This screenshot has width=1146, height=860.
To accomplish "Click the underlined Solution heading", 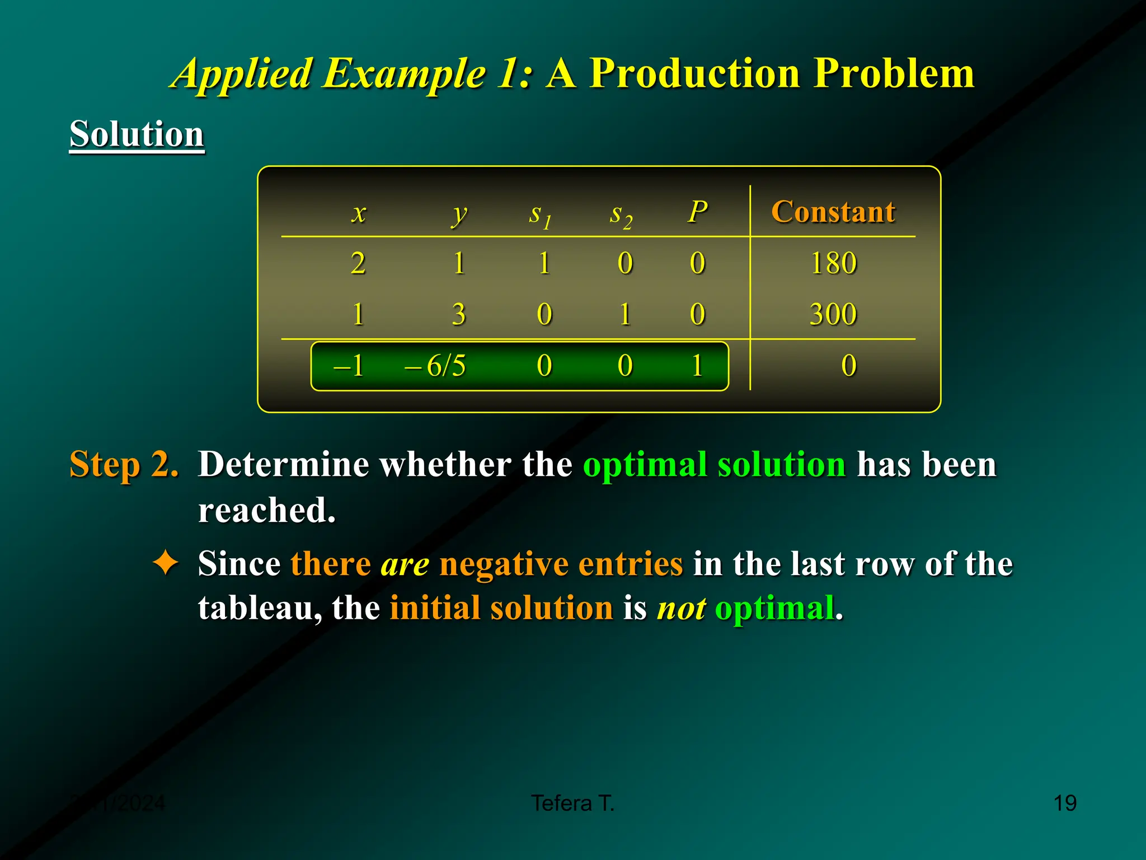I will point(137,134).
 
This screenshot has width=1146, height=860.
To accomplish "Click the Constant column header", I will point(833,212).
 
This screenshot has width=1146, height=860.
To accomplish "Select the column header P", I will point(697,212).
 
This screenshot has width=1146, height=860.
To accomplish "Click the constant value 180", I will point(833,263).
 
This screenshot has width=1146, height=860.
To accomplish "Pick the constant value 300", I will point(833,314).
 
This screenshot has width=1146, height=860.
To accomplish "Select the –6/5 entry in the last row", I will point(435,366).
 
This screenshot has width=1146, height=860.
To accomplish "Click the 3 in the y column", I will point(459,314).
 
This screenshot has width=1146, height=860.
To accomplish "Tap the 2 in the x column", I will point(358,263).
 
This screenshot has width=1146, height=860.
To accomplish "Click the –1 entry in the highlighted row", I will point(348,366).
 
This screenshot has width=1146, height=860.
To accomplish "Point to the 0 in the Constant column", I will point(848,366).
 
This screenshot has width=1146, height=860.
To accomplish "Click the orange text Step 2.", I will point(124,465).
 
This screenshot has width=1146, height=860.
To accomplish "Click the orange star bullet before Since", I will point(166,563).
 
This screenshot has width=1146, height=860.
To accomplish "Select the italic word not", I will point(681,609).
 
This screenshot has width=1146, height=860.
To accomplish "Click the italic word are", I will point(405,564).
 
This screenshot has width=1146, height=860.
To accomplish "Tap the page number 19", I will point(1064,803).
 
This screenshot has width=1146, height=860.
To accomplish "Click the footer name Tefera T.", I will point(572,803).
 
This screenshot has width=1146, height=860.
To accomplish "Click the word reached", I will point(266,511).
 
